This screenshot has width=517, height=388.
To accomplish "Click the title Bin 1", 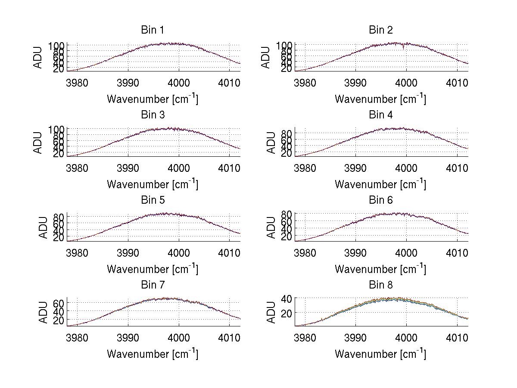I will (x=152, y=30).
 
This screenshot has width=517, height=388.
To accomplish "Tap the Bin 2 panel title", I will (x=380, y=30).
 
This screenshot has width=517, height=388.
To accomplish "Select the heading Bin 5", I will (x=152, y=200).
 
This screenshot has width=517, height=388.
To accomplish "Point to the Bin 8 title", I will (x=380, y=285).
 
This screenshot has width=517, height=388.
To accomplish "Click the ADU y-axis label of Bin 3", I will (x=38, y=143).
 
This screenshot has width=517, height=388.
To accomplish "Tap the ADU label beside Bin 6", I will (x=271, y=227).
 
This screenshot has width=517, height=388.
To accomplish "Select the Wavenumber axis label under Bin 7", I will (x=152, y=354).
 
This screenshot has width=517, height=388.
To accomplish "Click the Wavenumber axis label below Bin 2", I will (x=380, y=99).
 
